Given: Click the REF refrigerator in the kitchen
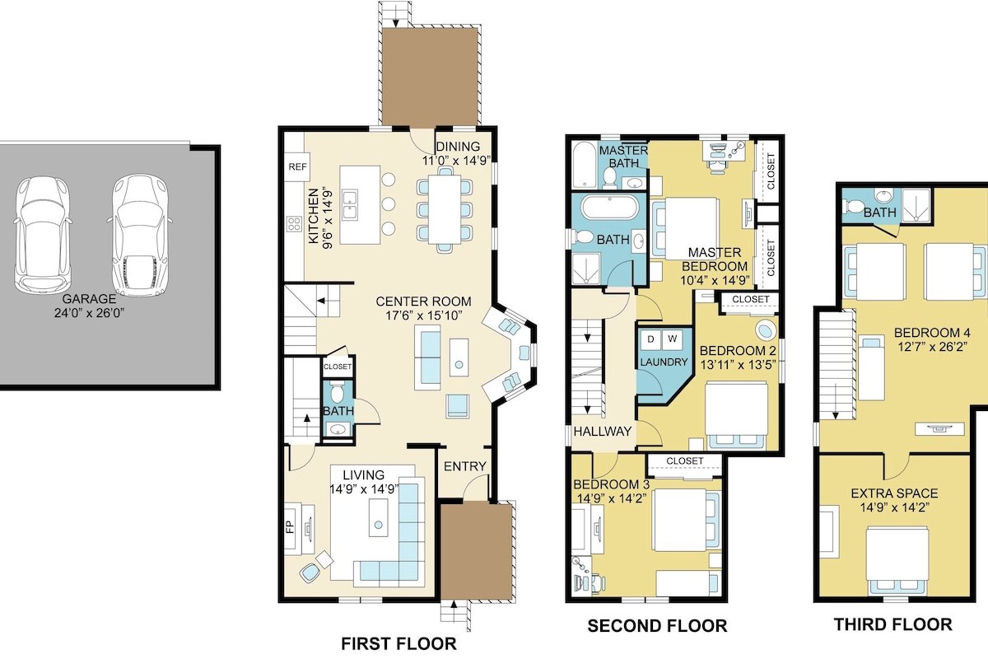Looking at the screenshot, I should [296, 166].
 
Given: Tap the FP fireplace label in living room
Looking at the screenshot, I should [290, 526].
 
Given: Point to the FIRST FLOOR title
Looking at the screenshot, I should [398, 643].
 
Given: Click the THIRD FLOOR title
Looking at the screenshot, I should [892, 625].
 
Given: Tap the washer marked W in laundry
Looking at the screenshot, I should [670, 339].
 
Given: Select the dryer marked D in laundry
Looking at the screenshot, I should [650, 339].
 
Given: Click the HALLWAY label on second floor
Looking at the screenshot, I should [603, 432].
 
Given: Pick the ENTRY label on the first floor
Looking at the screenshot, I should [465, 466].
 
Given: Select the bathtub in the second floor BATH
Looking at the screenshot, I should [608, 207].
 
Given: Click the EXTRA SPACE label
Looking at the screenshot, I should [894, 493].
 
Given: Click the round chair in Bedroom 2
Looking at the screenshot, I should [767, 331].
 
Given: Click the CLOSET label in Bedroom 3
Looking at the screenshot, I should [685, 460].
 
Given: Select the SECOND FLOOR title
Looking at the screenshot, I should [657, 626].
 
